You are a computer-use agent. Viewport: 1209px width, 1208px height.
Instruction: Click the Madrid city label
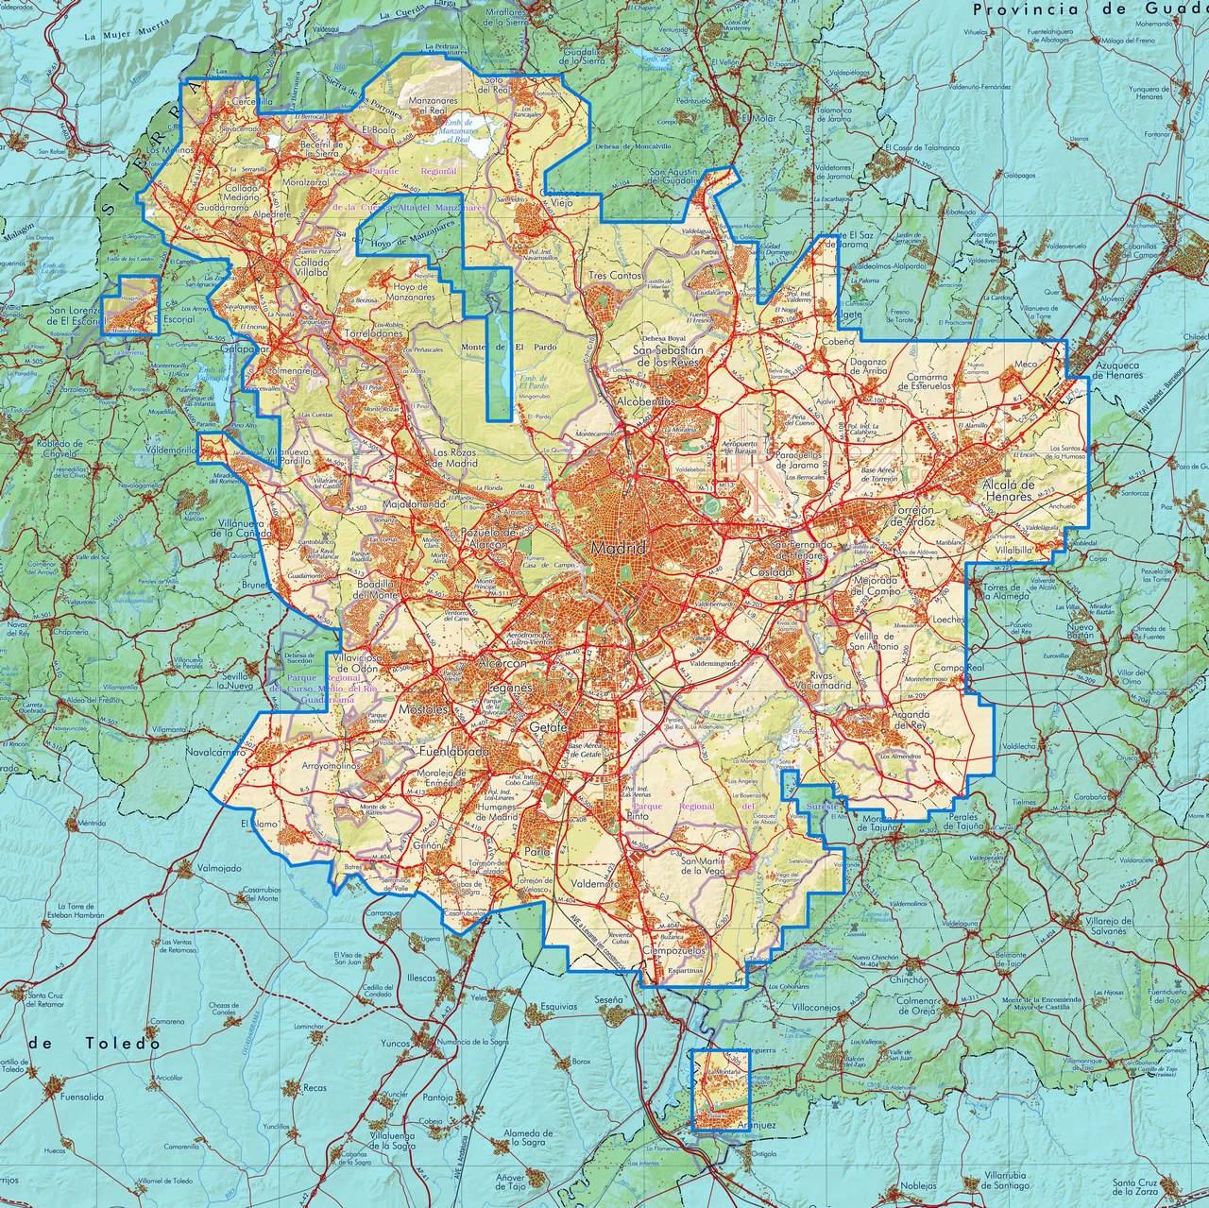[618, 549]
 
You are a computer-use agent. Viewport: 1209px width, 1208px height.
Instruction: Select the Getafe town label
[548, 728]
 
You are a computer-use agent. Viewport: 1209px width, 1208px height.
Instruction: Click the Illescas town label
[421, 978]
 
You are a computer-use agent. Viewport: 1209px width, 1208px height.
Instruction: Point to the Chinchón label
[908, 980]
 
